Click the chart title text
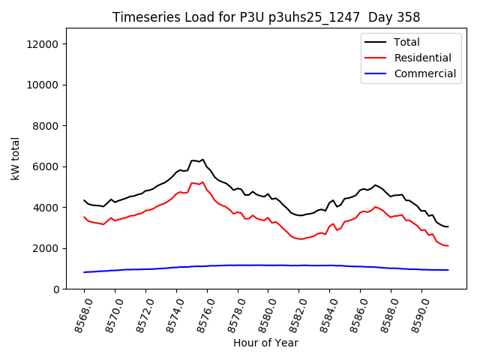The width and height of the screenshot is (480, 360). tap(266, 16)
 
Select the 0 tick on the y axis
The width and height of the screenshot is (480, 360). tap(57, 289)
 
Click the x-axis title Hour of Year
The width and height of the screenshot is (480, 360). tap(265, 343)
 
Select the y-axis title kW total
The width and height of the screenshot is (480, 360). tap(15, 158)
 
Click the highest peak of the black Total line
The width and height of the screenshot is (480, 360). tap(202, 159)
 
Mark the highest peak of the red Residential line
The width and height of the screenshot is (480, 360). tap(202, 181)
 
